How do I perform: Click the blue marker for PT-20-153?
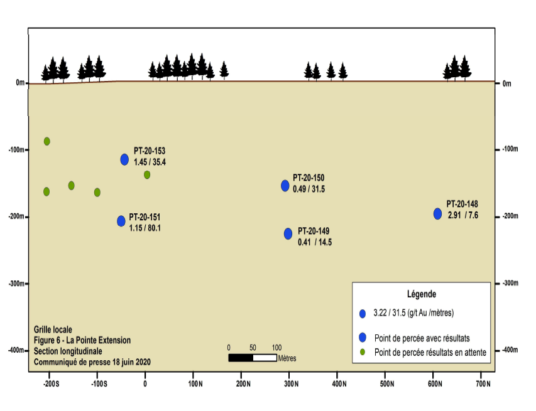coord(124,159)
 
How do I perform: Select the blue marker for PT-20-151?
coord(121,221)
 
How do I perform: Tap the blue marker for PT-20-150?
coord(285,186)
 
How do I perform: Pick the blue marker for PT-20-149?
coord(288,233)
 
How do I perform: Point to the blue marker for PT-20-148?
coord(437,214)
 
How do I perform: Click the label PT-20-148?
coord(462,204)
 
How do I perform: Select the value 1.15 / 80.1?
coord(145,228)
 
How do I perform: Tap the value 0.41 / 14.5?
coord(315,242)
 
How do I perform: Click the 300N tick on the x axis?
coord(289,373)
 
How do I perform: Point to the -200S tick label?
coord(52,384)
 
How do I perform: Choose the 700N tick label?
coord(483,384)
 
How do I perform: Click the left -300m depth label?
coord(16,284)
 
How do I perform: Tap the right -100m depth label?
coord(510,149)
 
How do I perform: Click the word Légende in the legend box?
coord(422,294)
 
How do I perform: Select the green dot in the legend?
coord(363,352)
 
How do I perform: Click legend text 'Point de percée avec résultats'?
coord(422,338)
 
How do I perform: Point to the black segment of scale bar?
coord(241,358)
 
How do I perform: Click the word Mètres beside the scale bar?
coord(287,358)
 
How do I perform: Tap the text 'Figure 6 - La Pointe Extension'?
coord(82,340)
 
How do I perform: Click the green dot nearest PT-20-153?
coord(147,175)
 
